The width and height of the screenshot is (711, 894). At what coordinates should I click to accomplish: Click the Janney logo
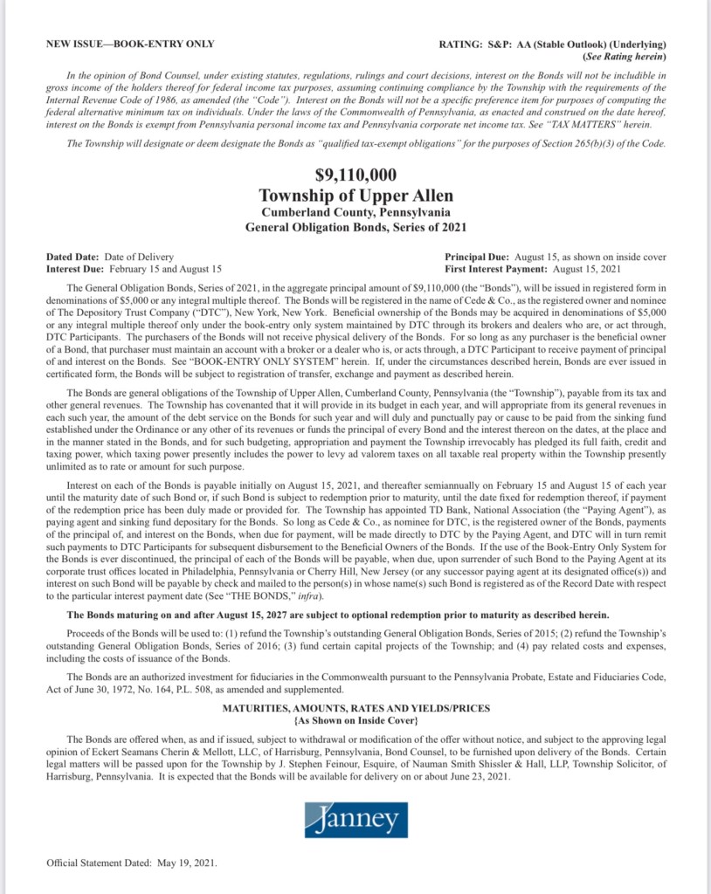tap(355, 819)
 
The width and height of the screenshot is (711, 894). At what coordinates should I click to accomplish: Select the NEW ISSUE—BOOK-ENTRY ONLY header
tap(130, 44)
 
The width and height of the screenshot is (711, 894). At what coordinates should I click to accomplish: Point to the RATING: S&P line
tap(554, 44)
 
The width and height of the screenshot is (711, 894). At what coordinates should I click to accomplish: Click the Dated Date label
tap(73, 257)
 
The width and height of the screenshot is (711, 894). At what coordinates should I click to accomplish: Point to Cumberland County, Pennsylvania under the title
tap(355, 211)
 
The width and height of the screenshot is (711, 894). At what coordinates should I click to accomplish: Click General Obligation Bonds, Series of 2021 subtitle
tap(355, 226)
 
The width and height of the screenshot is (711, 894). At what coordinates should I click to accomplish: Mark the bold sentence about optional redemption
tap(334, 615)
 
